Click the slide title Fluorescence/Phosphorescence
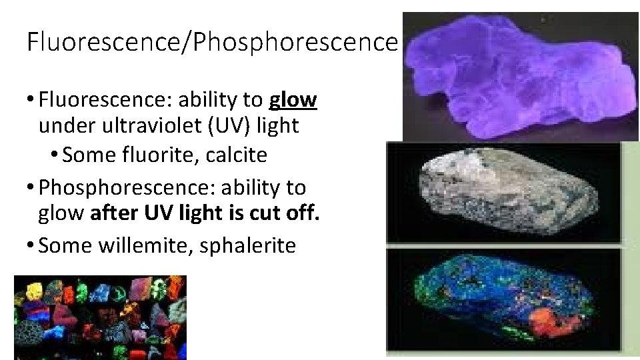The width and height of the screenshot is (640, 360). tap(212, 41)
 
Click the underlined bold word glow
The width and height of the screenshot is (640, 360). tap(293, 101)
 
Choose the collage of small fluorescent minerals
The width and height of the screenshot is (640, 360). tap(100, 317)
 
